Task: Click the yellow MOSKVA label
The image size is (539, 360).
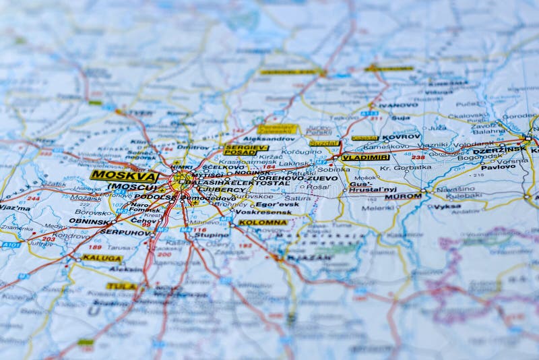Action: [x=124, y=175]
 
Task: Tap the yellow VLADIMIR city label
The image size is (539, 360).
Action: [x=365, y=157]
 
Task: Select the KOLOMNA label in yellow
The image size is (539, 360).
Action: [x=263, y=222]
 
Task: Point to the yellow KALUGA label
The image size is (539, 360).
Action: [x=102, y=258]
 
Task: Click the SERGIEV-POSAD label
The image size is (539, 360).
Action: [x=245, y=150]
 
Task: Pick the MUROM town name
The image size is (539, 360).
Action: [x=403, y=196]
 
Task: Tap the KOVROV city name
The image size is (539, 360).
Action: [x=401, y=136]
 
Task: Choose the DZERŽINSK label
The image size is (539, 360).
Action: [x=499, y=150]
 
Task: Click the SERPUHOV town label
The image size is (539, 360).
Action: [x=125, y=232]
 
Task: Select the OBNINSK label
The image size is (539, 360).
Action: [x=89, y=221]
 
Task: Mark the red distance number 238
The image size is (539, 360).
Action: [x=418, y=157]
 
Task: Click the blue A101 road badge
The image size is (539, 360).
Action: [x=11, y=244]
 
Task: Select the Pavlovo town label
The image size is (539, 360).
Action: [x=498, y=167]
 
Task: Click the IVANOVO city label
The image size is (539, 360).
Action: [x=398, y=105]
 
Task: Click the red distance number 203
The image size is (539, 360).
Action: [x=49, y=239]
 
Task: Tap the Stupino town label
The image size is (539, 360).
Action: [x=212, y=235]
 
